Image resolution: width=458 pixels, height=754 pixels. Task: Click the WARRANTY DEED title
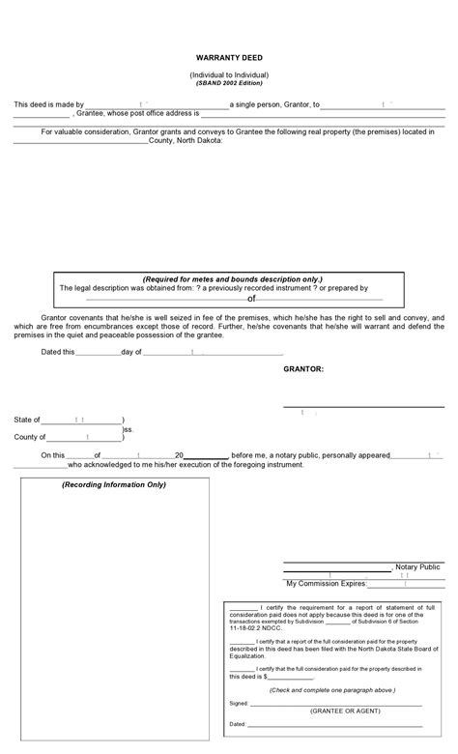(x=229, y=58)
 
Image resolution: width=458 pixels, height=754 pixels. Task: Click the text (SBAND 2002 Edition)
(x=229, y=83)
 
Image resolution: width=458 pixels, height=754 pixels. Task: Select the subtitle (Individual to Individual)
(x=229, y=74)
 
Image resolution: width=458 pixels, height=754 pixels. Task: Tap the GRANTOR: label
(x=303, y=369)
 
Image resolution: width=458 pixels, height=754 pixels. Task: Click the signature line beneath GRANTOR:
(x=363, y=406)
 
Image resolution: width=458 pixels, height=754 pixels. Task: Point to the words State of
(x=27, y=420)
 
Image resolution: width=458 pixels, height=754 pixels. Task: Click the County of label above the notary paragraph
(x=30, y=437)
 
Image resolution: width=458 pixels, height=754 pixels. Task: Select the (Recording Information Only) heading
(x=114, y=483)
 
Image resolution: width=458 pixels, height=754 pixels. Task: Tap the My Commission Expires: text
(x=326, y=584)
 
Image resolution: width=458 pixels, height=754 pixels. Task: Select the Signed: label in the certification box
(x=239, y=703)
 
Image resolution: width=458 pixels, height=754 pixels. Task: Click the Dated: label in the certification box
(x=238, y=723)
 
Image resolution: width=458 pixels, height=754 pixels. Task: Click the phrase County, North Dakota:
(x=186, y=140)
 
